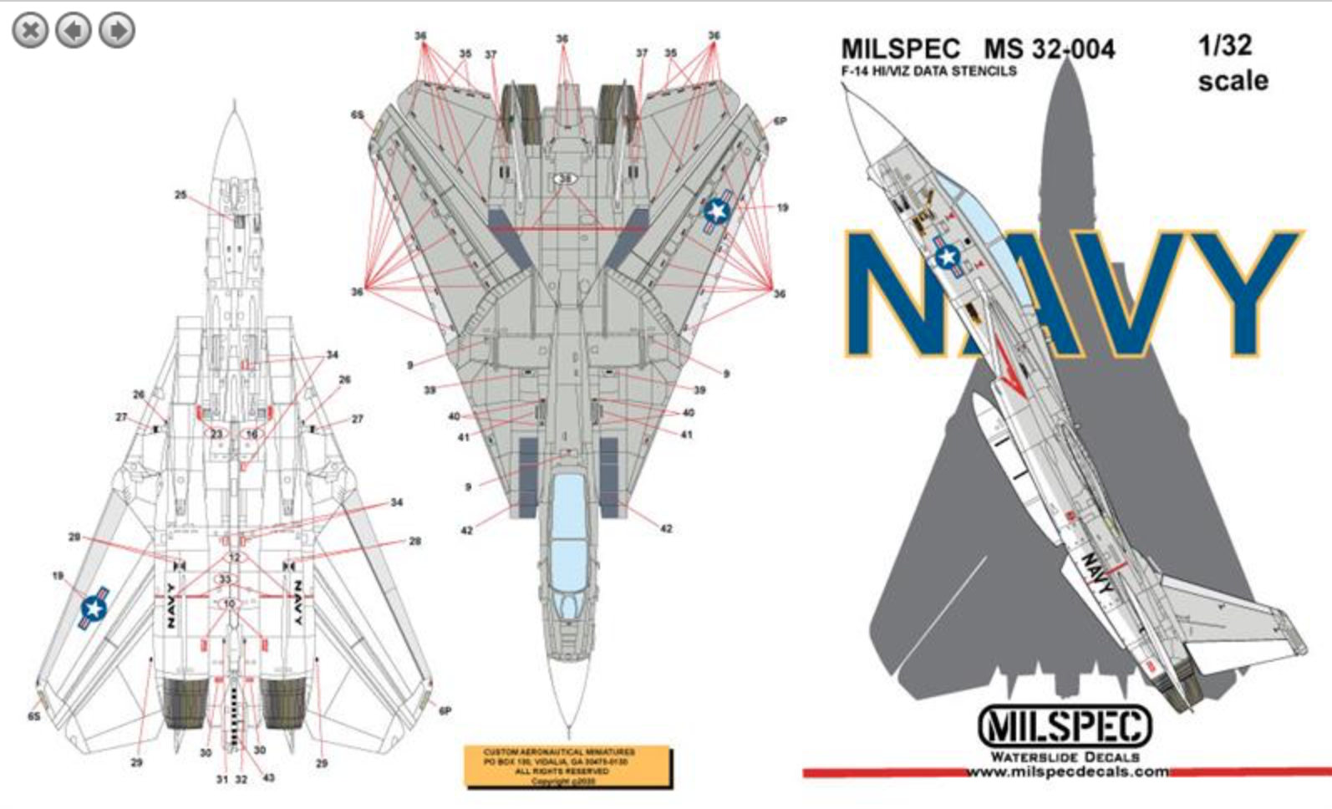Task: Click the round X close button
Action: point(30,31)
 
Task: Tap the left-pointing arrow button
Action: point(74,31)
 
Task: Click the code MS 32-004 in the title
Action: point(1050,48)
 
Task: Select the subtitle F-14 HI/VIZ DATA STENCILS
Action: point(928,71)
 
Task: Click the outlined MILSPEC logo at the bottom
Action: point(1065,725)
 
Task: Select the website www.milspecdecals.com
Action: point(1067,771)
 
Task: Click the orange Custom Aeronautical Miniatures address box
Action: point(567,766)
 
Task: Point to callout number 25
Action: point(180,195)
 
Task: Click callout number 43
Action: point(268,778)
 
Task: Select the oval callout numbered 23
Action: point(216,434)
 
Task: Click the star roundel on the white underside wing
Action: point(94,609)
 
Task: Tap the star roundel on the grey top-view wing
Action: point(716,212)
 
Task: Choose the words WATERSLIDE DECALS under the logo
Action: point(1065,756)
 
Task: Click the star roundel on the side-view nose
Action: point(948,257)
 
